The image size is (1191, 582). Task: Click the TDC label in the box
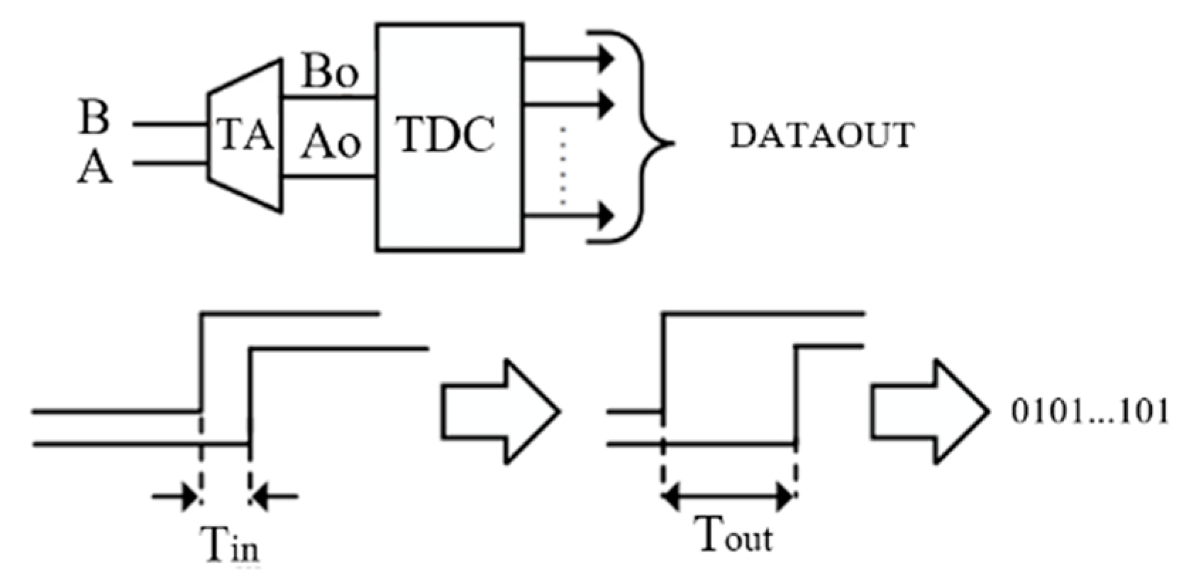click(x=445, y=134)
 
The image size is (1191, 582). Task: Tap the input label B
click(x=94, y=118)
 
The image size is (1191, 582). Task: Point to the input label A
click(x=94, y=169)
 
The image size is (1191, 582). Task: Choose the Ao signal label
click(x=329, y=141)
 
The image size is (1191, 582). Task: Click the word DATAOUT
click(x=822, y=136)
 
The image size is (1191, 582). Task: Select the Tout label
click(x=733, y=535)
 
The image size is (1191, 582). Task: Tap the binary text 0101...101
click(x=1090, y=412)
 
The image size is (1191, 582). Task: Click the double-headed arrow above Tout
click(x=728, y=496)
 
